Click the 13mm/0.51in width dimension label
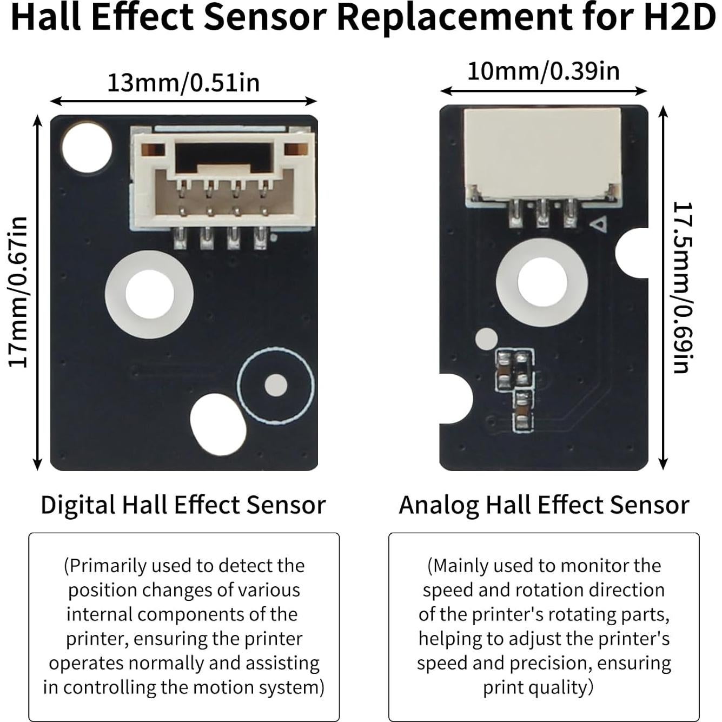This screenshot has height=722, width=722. [x=183, y=83]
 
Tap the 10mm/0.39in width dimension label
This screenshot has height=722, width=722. [x=543, y=71]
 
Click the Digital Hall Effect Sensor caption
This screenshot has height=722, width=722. [x=183, y=505]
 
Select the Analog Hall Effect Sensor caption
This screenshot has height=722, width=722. [x=544, y=505]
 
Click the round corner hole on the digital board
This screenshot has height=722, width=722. [x=87, y=147]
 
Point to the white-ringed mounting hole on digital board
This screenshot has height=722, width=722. [x=149, y=294]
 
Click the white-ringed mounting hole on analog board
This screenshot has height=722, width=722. [x=542, y=282]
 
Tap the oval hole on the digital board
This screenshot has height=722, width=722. [x=218, y=423]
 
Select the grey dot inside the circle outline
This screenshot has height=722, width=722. [x=276, y=385]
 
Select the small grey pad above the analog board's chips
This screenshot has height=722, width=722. [x=486, y=339]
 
